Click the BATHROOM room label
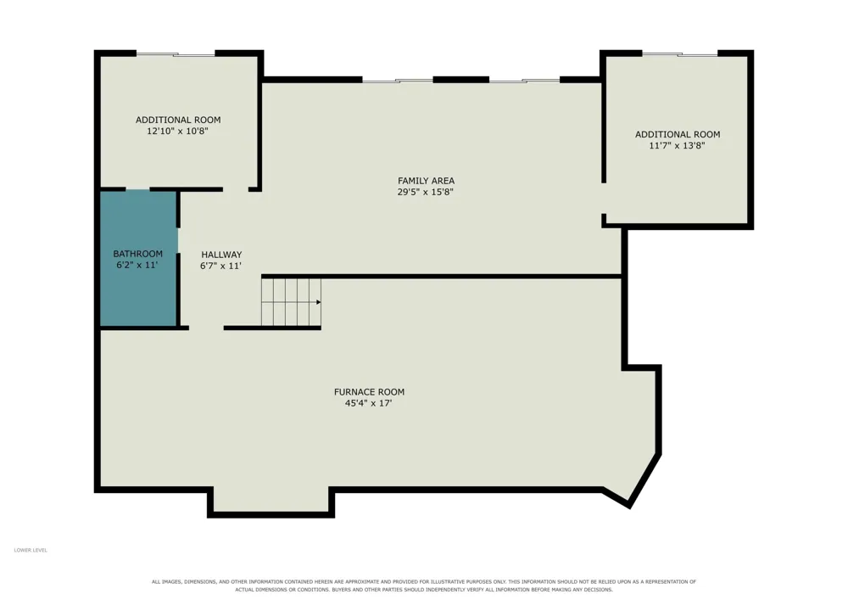[x=137, y=254]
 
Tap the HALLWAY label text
[x=221, y=255]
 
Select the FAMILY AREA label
[x=427, y=181]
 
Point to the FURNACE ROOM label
[x=369, y=392]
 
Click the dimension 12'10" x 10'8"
[x=177, y=131]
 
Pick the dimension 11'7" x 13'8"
[x=677, y=145]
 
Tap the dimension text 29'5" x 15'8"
[x=425, y=192]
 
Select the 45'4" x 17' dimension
[x=368, y=403]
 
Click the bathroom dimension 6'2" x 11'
[x=137, y=265]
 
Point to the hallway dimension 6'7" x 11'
[x=220, y=266]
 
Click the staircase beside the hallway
[x=291, y=302]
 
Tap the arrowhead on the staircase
[x=319, y=302]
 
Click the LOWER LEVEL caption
[x=31, y=550]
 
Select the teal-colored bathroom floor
[x=139, y=259]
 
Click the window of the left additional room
[x=176, y=53]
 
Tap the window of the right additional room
[x=680, y=53]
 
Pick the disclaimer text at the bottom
[x=424, y=586]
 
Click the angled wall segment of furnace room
[x=644, y=480]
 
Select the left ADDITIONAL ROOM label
[x=178, y=120]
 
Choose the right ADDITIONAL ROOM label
[x=678, y=134]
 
